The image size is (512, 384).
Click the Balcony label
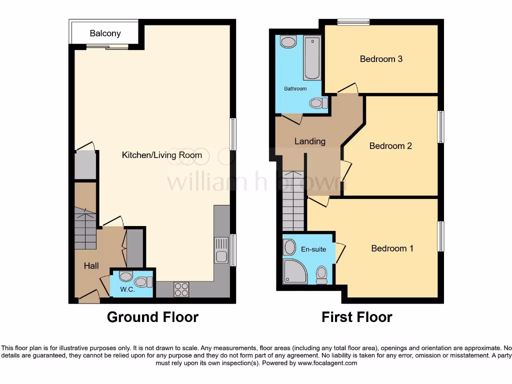point(105,33)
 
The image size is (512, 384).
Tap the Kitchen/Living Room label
point(162,155)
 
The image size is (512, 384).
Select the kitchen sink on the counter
point(221,250)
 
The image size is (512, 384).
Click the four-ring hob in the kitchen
point(181,289)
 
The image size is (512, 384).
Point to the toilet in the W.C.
point(143,282)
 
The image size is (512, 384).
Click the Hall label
point(91,266)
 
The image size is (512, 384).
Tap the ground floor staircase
point(85,229)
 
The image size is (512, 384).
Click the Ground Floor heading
point(152,317)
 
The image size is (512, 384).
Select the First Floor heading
point(356,317)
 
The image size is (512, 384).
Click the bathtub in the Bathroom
point(312,58)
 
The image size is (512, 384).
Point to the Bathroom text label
point(295,88)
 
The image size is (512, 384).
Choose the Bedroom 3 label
point(381,59)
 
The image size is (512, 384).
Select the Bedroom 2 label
point(390,146)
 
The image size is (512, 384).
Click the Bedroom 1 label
point(392,248)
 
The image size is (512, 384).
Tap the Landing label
point(310,141)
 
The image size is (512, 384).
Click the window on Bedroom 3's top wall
point(353,21)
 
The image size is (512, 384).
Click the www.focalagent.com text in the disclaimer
point(327,363)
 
